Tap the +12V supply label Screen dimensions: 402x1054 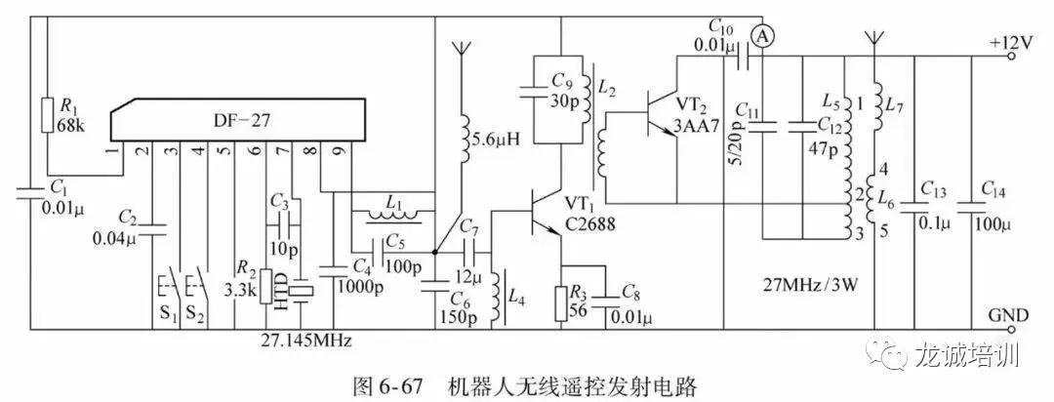click(x=1013, y=44)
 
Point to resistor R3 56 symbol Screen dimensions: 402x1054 click(x=561, y=301)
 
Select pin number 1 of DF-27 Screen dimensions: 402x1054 click(x=114, y=150)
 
